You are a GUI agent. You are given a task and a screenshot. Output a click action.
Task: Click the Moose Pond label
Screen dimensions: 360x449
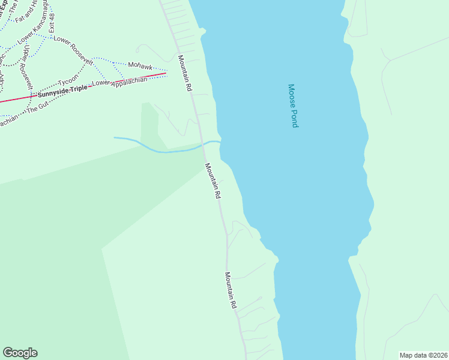coord(293,106)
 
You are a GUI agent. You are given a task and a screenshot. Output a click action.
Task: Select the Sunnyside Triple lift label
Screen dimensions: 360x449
coord(62,91)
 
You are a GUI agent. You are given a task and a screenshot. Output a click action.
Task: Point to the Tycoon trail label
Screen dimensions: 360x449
coord(67,80)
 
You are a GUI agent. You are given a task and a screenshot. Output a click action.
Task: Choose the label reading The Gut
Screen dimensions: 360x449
coord(38,109)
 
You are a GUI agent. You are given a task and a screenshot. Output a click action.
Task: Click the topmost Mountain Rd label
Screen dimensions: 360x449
coord(185,73)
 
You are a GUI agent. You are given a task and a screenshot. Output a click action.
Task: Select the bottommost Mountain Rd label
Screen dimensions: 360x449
coord(231,290)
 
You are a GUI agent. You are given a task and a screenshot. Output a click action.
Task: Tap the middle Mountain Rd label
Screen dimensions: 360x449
coord(212,181)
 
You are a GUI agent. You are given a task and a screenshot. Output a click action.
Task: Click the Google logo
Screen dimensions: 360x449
coord(20,353)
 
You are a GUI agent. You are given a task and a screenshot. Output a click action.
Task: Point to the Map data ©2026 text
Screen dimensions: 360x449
coord(423,355)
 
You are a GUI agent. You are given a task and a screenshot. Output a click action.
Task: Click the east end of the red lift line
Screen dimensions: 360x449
coord(166,73)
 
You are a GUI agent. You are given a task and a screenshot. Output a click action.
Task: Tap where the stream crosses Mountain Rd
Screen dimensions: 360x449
coord(202,145)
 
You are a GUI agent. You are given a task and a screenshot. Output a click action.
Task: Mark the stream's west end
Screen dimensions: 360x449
coord(115,137)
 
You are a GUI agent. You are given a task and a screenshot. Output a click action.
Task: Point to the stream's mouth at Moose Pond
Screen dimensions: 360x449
coord(220,142)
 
